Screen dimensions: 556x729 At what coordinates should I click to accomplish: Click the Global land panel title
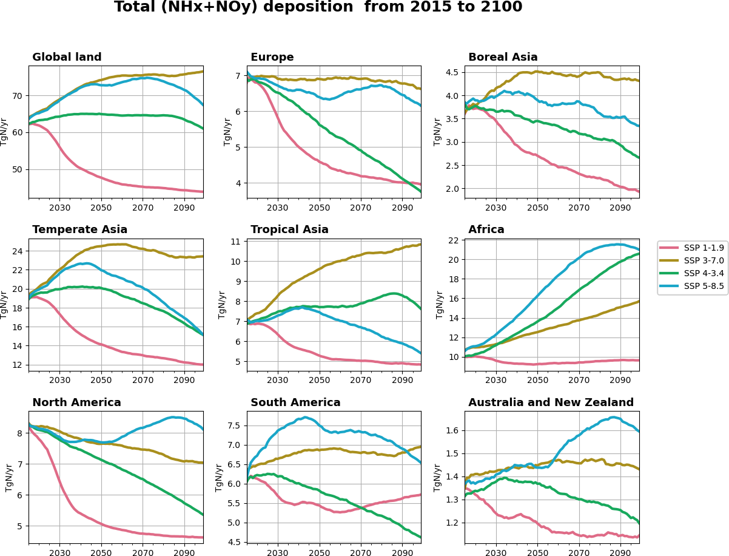tap(67, 58)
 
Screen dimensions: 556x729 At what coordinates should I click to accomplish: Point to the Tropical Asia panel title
tap(289, 230)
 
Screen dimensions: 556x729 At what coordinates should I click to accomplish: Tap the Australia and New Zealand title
tap(551, 403)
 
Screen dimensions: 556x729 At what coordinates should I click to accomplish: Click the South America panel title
tap(295, 403)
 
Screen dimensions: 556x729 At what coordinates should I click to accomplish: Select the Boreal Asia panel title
tap(503, 58)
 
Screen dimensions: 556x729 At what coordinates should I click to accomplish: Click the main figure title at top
tap(318, 7)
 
